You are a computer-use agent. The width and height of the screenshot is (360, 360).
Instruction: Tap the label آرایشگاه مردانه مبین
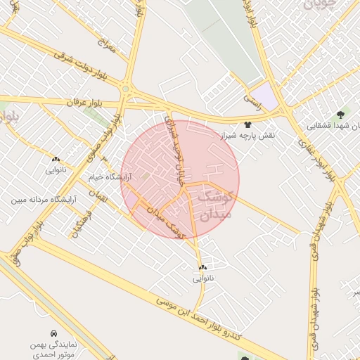point(42,200)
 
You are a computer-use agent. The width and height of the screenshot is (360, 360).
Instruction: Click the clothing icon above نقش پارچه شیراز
point(247,124)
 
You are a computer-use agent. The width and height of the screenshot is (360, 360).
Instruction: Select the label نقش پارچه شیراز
point(247,134)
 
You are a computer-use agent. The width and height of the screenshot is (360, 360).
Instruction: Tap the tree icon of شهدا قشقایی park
point(341,113)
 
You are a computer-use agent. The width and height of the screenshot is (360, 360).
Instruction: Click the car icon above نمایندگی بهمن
point(53,333)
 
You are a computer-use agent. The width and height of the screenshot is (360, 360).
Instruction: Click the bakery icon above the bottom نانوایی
point(202,268)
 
